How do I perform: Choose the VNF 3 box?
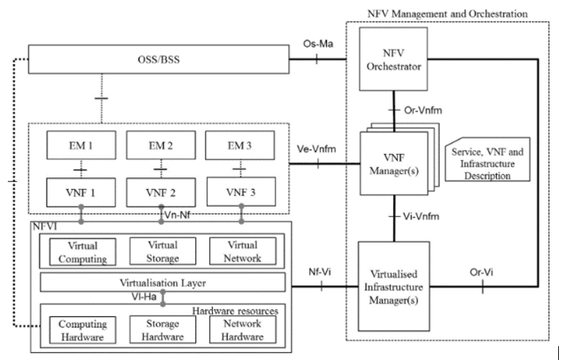click(240, 195)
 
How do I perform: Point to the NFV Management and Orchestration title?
click(447, 13)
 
